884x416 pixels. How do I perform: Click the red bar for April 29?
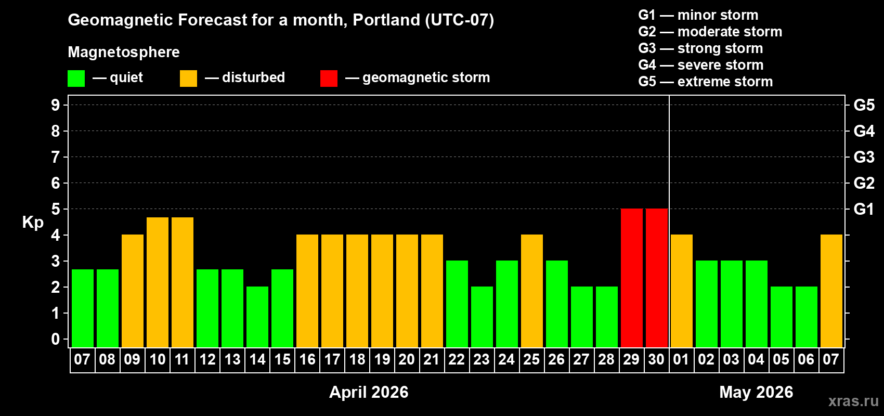631,278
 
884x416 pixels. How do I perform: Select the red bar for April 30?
656,278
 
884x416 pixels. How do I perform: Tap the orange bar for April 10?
158,282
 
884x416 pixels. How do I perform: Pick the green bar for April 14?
257,317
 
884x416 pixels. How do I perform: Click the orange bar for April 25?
531,291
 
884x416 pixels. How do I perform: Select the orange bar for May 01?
681,291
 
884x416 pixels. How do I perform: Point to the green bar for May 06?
806,317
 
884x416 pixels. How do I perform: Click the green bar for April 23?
482,317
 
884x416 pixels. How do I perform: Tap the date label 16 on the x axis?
307,359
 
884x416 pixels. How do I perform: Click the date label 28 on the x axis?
606,359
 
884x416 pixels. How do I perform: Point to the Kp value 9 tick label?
56,105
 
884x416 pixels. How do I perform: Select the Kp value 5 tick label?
56,209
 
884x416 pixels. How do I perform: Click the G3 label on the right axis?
864,157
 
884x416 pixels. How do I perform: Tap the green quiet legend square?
76,79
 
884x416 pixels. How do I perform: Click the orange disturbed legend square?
188,79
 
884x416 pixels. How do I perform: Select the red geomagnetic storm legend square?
329,79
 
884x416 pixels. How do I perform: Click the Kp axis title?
33,222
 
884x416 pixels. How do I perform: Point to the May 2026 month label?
756,392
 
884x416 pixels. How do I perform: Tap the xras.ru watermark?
853,400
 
